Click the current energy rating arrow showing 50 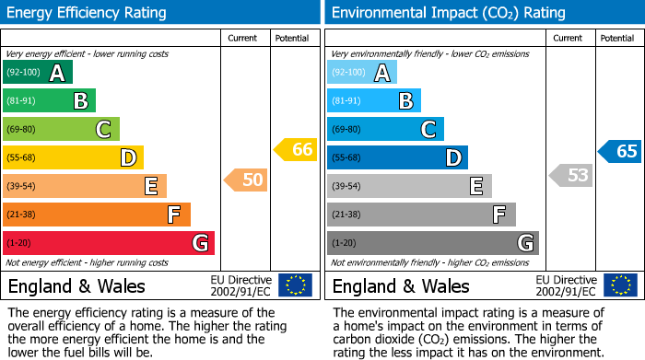(246, 180)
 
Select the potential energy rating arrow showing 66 (296, 149)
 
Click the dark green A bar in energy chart (37, 73)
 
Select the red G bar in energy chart (108, 243)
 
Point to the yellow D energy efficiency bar (73, 158)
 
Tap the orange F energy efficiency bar (96, 215)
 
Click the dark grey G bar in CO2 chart (432, 243)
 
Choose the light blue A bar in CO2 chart (362, 73)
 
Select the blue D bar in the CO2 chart (397, 158)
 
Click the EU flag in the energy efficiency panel (296, 285)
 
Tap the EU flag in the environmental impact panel (620, 285)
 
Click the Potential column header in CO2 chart (616, 38)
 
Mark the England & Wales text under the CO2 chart (401, 286)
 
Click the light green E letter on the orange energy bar (150, 187)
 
